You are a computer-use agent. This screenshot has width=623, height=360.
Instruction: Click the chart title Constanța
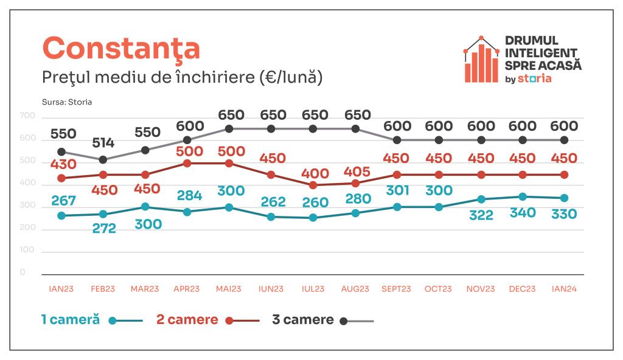(x=121, y=49)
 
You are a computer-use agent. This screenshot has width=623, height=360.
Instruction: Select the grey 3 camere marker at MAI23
(x=229, y=129)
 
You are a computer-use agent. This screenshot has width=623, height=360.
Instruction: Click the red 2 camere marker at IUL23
(x=313, y=185)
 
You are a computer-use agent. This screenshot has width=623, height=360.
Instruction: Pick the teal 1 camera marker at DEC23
(x=523, y=197)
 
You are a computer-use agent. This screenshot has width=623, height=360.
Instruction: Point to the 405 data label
(x=357, y=171)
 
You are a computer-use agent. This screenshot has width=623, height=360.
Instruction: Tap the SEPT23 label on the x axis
(x=396, y=289)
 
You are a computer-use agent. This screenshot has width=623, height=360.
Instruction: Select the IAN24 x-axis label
(x=563, y=289)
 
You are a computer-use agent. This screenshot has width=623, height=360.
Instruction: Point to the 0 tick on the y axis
(x=23, y=272)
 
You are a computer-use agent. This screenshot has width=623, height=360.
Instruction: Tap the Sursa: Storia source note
(x=67, y=102)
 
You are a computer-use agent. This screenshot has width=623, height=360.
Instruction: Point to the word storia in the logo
(x=535, y=78)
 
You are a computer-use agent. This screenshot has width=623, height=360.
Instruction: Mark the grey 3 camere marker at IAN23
(x=61, y=152)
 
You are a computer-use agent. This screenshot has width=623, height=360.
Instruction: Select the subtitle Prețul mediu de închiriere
(x=182, y=78)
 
